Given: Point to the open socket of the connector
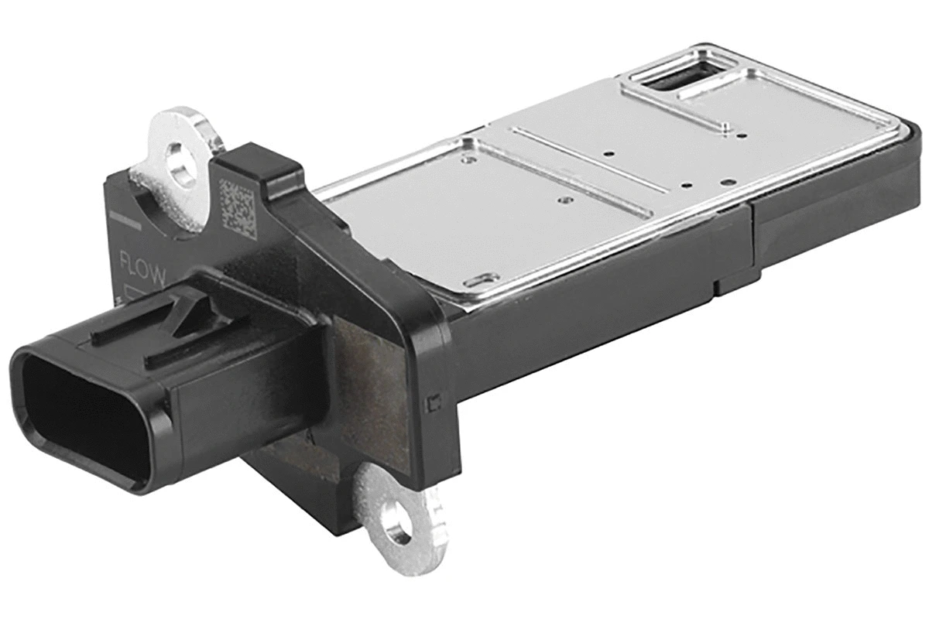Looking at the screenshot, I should tap(77, 418).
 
